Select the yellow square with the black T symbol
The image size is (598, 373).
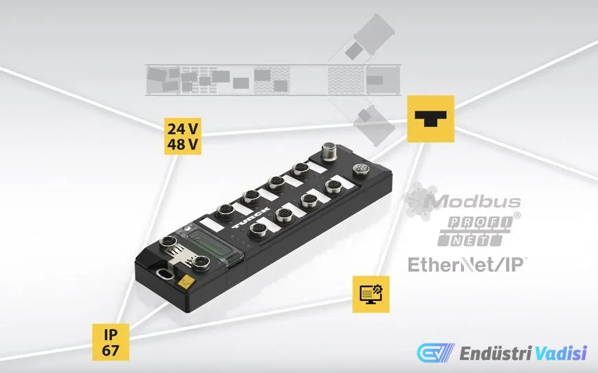431,119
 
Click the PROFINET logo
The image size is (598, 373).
474,231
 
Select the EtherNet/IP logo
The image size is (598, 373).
467,264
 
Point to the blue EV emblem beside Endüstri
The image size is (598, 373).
432,353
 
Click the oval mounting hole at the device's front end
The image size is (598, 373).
163,276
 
